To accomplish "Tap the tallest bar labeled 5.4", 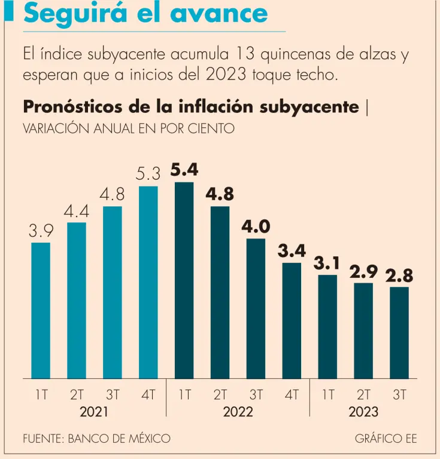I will [x=184, y=280].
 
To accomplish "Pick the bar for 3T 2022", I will [x=256, y=308].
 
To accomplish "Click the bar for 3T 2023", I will [x=399, y=332].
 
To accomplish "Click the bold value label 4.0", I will [x=256, y=227].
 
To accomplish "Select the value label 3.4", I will [x=292, y=250].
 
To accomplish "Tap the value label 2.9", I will [x=363, y=271].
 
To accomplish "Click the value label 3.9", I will [x=41, y=231].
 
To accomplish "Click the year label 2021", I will [x=95, y=412].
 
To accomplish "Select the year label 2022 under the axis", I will [x=238, y=412].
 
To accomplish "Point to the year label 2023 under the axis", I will [x=363, y=412].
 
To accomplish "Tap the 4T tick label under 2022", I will [x=292, y=394].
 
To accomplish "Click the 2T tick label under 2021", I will [x=77, y=394].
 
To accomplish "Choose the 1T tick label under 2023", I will [x=327, y=394].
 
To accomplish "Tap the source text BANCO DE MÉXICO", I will [x=119, y=438].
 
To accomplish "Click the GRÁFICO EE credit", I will [x=386, y=438].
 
